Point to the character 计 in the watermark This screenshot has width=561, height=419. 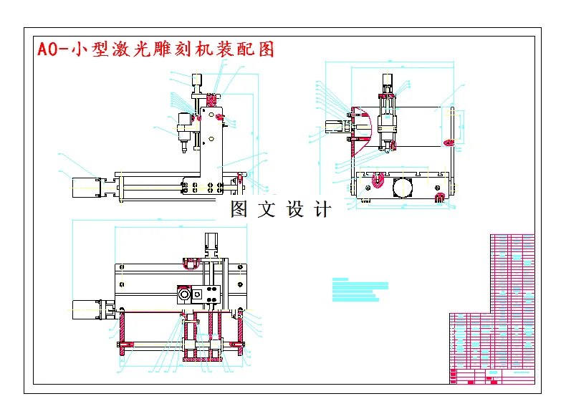pyautogui.click(x=323, y=209)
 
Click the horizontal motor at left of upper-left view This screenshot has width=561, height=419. pyautogui.click(x=85, y=185)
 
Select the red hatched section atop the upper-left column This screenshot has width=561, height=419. pyautogui.click(x=212, y=97)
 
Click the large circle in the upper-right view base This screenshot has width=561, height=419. pyautogui.click(x=403, y=188)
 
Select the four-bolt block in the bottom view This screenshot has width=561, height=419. pyautogui.click(x=209, y=294)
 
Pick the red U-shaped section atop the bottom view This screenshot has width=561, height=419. pyautogui.click(x=191, y=263)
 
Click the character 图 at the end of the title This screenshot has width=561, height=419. pyautogui.click(x=264, y=49)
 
